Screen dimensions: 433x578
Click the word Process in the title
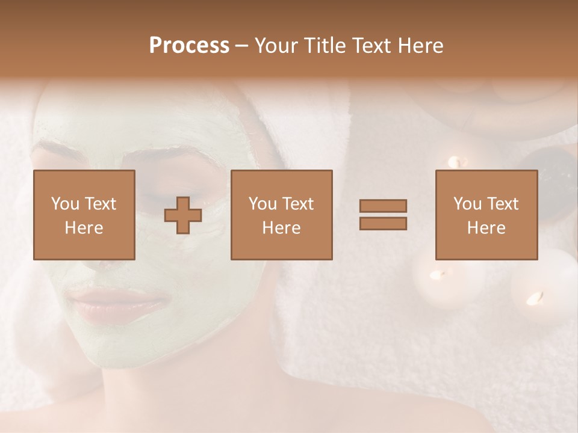189,46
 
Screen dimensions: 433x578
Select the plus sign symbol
183,215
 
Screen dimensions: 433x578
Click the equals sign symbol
383,215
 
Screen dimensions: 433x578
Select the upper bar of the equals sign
383,206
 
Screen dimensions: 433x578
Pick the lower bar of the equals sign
383,224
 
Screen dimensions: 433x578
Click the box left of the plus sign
84,215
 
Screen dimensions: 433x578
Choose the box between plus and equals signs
281,215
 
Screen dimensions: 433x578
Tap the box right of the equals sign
486,215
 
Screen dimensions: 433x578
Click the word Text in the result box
503,204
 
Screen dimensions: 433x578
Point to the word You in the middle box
263,204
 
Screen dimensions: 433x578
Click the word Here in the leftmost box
84,228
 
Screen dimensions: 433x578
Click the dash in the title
242,46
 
